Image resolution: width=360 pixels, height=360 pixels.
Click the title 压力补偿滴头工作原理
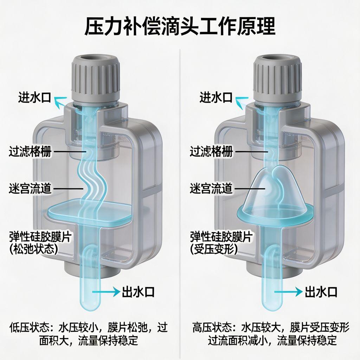pyautogui.click(x=180, y=27)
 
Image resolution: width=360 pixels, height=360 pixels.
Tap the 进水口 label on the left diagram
pyautogui.click(x=34, y=98)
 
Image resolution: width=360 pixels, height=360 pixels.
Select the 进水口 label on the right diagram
pyautogui.click(x=216, y=98)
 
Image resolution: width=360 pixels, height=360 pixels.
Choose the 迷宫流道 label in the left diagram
pyautogui.click(x=30, y=188)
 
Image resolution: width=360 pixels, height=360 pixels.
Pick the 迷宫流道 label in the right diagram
pyautogui.click(x=211, y=188)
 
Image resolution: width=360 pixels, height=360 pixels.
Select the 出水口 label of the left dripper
pyautogui.click(x=138, y=292)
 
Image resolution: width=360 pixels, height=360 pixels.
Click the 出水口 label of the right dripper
pyautogui.click(x=321, y=292)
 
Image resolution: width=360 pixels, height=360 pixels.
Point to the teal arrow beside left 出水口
pyautogui.click(x=106, y=292)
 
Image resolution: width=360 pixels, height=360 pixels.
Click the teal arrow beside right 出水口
pyautogui.click(x=288, y=292)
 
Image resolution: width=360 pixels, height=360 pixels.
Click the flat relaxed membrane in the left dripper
pyautogui.click(x=90, y=211)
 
